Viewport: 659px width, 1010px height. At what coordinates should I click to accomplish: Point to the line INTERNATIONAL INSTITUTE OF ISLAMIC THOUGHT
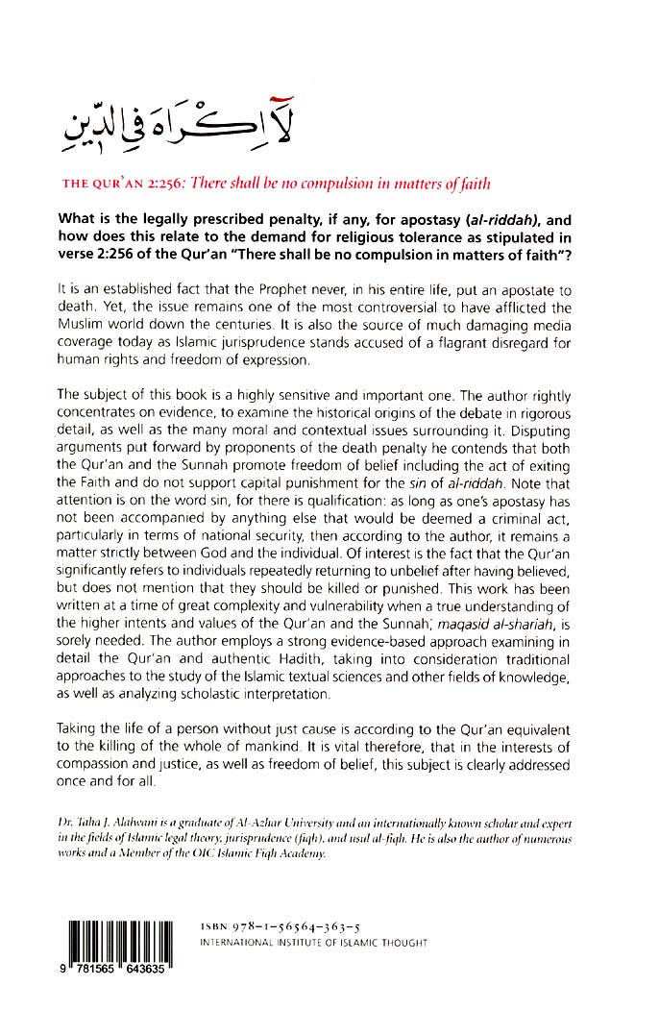click(x=312, y=944)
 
